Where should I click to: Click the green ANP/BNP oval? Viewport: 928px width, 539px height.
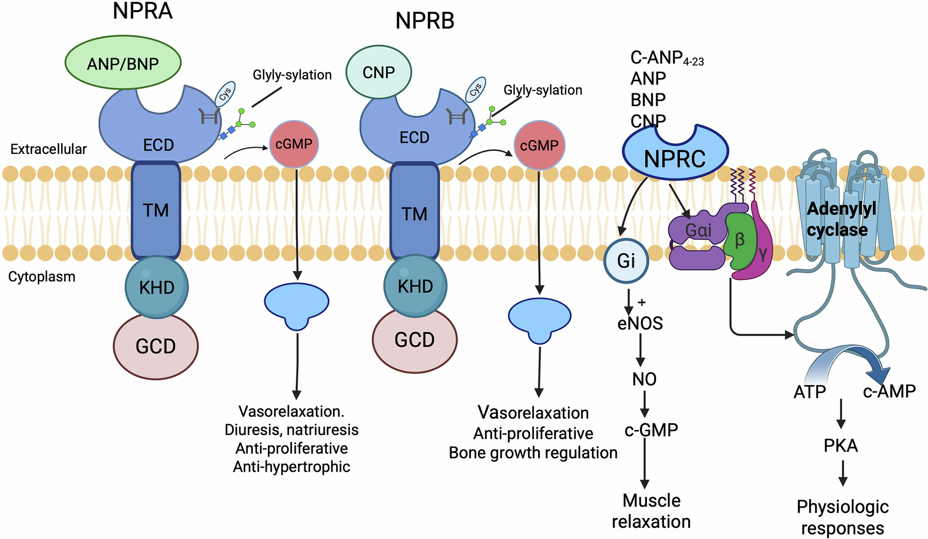click(123, 63)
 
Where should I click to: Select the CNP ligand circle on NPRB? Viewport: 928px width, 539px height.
click(379, 72)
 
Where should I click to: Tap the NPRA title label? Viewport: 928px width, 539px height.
click(143, 11)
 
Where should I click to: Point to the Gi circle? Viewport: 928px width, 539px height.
click(626, 260)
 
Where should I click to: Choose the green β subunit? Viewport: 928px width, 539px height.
click(740, 241)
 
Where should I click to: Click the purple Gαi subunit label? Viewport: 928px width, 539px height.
click(698, 230)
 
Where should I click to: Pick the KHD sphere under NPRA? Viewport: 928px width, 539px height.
click(156, 287)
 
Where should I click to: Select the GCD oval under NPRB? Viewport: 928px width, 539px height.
click(415, 340)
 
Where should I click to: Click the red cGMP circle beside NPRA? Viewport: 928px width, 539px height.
click(294, 144)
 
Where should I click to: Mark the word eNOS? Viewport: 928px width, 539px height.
click(640, 323)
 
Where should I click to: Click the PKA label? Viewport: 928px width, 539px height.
click(841, 446)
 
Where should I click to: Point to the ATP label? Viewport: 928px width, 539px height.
click(810, 392)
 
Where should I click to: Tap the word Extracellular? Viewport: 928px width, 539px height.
click(48, 149)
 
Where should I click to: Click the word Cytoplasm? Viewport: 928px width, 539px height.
click(42, 276)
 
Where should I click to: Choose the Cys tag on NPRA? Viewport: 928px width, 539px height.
click(225, 94)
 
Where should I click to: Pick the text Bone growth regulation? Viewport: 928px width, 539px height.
click(533, 453)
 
